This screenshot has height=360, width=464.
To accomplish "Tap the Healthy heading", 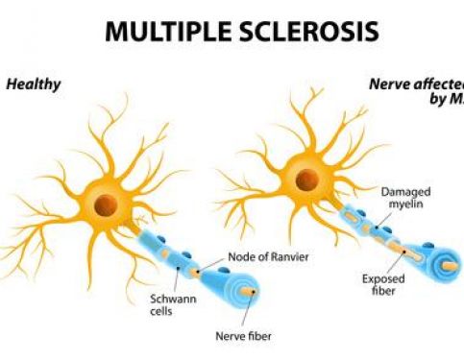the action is (34, 84).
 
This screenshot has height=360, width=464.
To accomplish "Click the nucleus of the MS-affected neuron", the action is (306, 180).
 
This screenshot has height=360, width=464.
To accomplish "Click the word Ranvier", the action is (292, 256).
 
